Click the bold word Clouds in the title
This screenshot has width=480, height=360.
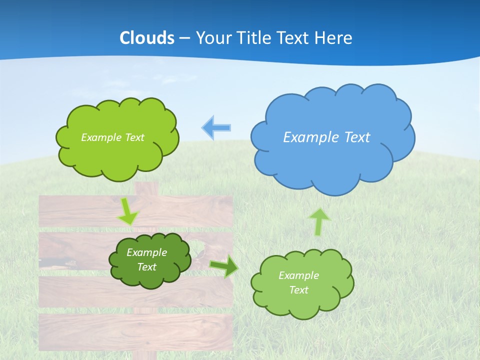tap(147, 38)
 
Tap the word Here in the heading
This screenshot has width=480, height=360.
tap(335, 38)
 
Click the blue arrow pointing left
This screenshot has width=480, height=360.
tap(216, 127)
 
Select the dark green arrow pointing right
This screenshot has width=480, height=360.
tap(224, 266)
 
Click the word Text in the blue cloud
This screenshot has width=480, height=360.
tap(357, 137)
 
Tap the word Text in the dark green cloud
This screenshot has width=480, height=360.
tap(146, 267)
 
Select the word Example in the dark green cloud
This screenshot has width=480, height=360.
tap(146, 252)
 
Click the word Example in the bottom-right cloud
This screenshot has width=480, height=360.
tap(298, 275)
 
